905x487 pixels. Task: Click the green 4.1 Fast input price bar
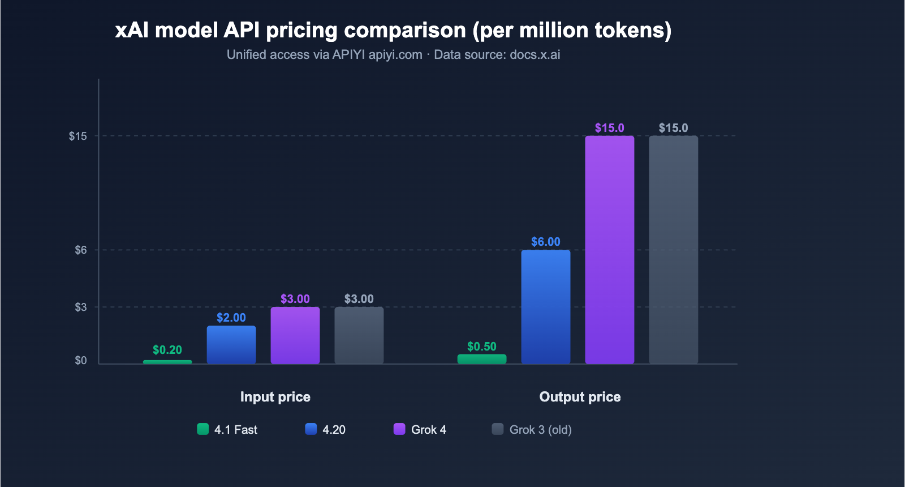167,362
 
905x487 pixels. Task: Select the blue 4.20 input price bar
231,345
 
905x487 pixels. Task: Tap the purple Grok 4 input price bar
295,335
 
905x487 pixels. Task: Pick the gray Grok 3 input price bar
359,335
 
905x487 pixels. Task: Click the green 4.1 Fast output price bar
482,359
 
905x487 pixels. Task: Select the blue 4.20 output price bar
546,307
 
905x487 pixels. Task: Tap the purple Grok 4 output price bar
610,250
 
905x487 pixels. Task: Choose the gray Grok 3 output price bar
674,250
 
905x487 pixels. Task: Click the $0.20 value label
167,350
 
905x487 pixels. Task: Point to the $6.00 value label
546,242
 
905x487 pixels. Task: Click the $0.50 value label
482,347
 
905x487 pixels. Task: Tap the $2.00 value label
231,318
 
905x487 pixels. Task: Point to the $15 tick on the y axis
78,136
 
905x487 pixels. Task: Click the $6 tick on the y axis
81,250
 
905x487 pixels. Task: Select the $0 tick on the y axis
81,361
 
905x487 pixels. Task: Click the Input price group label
275,396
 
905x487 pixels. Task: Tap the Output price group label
580,396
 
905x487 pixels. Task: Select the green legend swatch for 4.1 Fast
203,429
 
